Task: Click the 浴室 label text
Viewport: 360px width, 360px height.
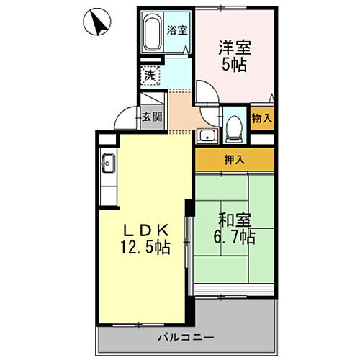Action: [177, 30]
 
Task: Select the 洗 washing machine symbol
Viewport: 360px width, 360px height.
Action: [149, 74]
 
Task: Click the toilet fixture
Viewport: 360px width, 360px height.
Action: [233, 128]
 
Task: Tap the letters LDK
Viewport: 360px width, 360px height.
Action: [145, 230]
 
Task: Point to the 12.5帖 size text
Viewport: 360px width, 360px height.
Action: [145, 248]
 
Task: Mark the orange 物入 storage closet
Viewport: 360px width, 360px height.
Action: [261, 120]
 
